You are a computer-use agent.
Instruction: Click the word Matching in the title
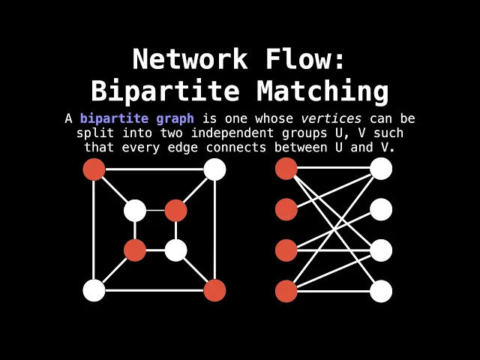(322, 91)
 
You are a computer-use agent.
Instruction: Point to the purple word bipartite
(113, 118)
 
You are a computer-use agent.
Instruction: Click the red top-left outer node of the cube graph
(94, 169)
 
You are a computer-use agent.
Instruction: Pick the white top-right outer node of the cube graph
(214, 169)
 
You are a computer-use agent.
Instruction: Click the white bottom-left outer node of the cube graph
(94, 290)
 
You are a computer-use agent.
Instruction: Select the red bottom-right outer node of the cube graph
(214, 290)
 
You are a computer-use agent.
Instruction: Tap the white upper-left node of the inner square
(135, 210)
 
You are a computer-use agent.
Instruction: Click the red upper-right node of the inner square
(175, 210)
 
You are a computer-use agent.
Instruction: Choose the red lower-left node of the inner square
(135, 250)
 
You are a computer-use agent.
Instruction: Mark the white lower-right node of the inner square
(175, 250)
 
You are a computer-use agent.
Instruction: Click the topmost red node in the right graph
(286, 169)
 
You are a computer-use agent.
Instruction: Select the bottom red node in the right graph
(286, 291)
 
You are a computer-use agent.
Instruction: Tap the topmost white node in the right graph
(381, 169)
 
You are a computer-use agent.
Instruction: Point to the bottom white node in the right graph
(381, 291)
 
